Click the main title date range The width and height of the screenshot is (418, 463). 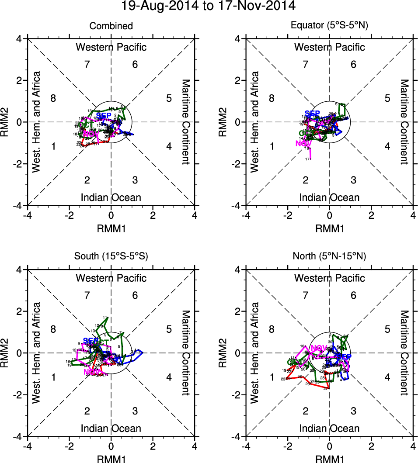click(x=209, y=6)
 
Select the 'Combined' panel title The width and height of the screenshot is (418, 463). click(x=111, y=26)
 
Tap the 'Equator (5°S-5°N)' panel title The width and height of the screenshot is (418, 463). click(x=329, y=26)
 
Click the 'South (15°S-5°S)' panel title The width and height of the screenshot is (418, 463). click(x=111, y=256)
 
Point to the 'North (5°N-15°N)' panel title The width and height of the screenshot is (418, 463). click(x=329, y=256)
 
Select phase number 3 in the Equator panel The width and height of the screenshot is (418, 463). click(x=353, y=180)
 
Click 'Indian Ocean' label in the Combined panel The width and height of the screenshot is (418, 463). click(x=111, y=197)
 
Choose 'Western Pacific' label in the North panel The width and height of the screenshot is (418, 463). click(x=329, y=278)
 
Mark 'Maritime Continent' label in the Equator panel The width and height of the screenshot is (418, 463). click(x=404, y=122)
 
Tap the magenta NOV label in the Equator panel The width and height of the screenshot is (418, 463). click(x=303, y=143)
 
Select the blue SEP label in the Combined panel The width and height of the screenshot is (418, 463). click(x=104, y=115)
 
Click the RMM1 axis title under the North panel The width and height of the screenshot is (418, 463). click(x=329, y=458)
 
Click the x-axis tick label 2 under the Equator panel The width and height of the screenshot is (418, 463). click(x=371, y=216)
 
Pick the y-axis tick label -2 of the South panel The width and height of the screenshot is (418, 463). click(x=19, y=395)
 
